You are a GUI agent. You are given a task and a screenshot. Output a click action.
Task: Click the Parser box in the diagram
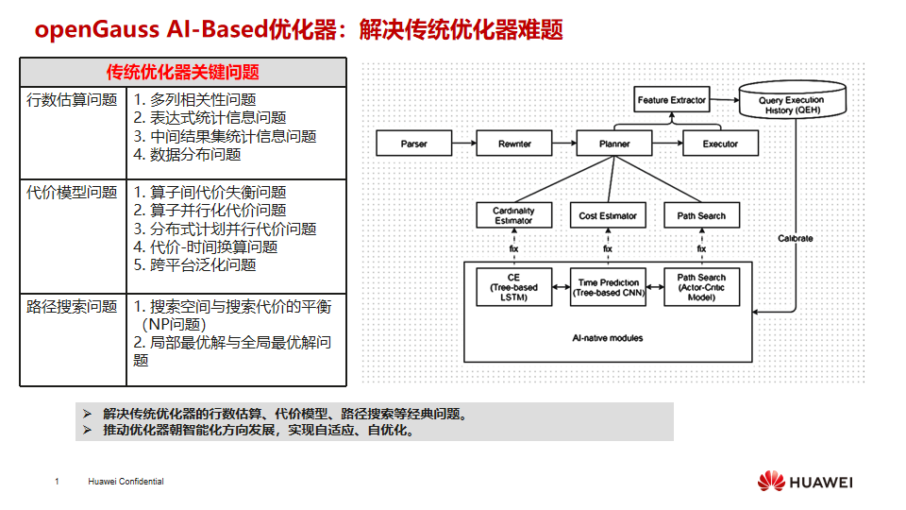click(x=413, y=144)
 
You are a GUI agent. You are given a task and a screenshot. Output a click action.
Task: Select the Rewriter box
click(x=514, y=144)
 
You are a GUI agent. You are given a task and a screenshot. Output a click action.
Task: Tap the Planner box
click(x=614, y=144)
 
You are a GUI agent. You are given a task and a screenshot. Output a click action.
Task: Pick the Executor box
click(x=721, y=144)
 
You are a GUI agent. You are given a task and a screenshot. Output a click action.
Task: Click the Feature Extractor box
click(x=671, y=100)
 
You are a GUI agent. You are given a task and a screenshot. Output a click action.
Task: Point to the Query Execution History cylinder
click(x=791, y=103)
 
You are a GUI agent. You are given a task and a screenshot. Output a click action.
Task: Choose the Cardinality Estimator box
click(x=513, y=215)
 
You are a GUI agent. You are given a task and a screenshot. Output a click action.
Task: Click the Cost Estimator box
click(x=608, y=215)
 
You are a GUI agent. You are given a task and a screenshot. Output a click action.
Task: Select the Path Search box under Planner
click(x=701, y=215)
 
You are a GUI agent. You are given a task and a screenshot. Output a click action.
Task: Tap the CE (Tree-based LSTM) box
click(x=513, y=287)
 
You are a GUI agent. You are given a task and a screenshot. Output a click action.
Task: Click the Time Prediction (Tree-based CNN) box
click(x=608, y=287)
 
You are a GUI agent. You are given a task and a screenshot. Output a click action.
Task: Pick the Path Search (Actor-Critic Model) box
click(x=701, y=287)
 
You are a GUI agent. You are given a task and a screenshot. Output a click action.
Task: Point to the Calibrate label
click(x=795, y=238)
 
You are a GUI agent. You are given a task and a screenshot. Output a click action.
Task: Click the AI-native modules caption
click(x=608, y=337)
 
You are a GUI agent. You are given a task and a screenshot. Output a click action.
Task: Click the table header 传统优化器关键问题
click(x=183, y=73)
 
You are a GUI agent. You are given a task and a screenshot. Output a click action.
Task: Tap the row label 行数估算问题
click(x=72, y=99)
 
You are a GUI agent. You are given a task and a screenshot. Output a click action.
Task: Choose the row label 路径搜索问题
click(x=72, y=307)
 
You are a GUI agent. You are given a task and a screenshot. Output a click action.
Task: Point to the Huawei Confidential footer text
click(x=126, y=482)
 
